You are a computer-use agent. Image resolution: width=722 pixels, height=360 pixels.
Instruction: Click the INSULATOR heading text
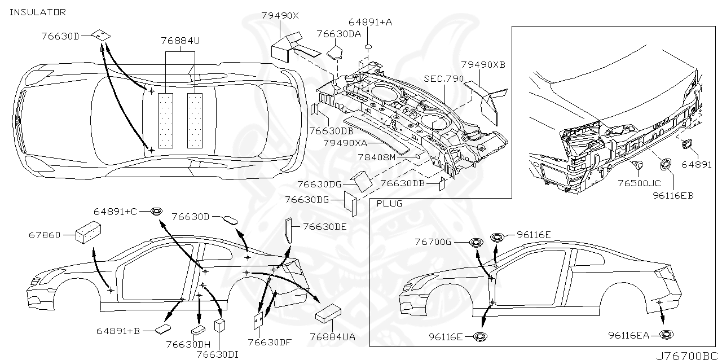[38, 12]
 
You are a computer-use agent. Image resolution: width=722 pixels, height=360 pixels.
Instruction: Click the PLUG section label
[389, 203]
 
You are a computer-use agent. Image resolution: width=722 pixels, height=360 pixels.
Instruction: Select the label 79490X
[280, 16]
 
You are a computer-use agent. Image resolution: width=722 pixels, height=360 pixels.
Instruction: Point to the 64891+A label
[370, 22]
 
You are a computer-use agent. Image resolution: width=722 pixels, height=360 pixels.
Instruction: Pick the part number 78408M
[376, 157]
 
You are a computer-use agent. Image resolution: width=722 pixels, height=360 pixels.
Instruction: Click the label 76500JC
[639, 183]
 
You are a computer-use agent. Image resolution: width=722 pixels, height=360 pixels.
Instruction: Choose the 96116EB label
[673, 195]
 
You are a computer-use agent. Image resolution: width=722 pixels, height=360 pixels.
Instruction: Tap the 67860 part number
[44, 235]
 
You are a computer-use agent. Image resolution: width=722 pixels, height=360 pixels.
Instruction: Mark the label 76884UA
[332, 337]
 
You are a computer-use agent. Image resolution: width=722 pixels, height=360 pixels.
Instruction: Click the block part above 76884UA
[328, 313]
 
